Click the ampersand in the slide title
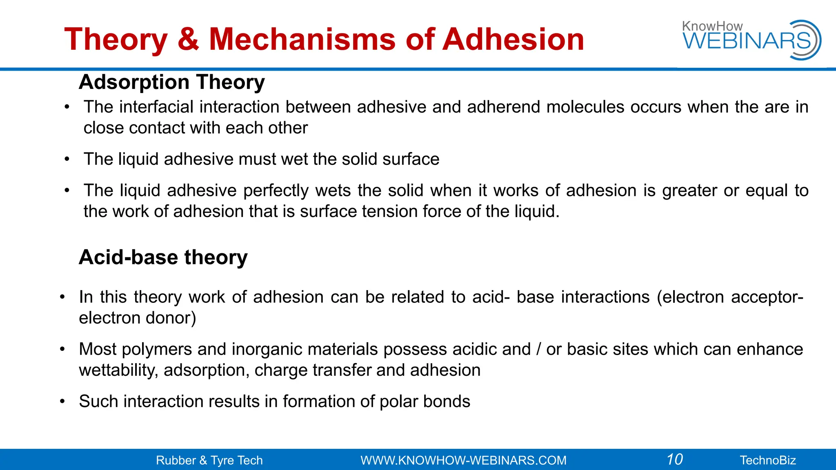coord(189,40)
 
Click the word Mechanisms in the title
coord(302,40)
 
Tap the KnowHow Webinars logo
coord(752,40)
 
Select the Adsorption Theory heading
coord(172,82)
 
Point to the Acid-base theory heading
coord(163,257)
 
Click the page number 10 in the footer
coord(675,459)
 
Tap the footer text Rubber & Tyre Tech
coord(209,460)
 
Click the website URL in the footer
coord(463,460)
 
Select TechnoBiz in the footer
coord(768,460)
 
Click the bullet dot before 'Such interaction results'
coord(62,401)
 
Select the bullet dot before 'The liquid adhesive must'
coord(67,159)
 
